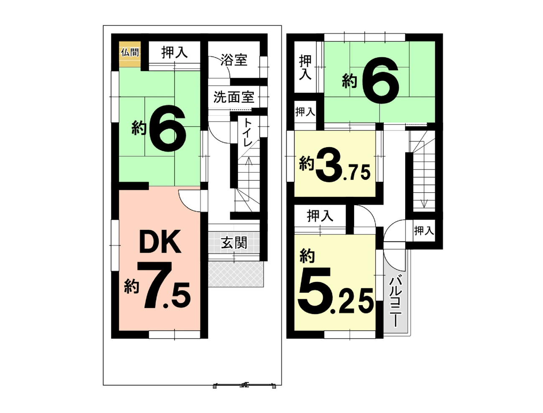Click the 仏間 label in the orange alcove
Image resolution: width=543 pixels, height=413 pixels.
(x=129, y=53)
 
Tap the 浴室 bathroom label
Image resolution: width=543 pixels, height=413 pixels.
(x=234, y=60)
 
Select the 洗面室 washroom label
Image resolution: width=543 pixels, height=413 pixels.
(x=234, y=97)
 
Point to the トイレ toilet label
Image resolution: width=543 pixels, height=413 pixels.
(x=248, y=132)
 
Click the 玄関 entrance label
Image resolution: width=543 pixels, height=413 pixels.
(x=234, y=242)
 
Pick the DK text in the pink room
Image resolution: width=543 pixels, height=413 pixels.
(x=160, y=241)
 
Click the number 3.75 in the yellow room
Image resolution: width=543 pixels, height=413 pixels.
(x=343, y=168)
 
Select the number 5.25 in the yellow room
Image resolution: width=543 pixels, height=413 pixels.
(x=335, y=291)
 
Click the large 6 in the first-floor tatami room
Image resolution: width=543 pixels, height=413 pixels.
(x=167, y=128)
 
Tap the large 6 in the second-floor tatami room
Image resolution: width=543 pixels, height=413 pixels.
(x=381, y=80)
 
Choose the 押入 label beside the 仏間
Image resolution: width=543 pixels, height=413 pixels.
(x=175, y=52)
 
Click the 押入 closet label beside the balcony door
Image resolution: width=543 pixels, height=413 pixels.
(x=424, y=231)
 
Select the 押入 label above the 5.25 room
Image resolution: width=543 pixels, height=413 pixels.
(x=320, y=216)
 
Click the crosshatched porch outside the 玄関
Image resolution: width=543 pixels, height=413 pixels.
(x=236, y=274)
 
